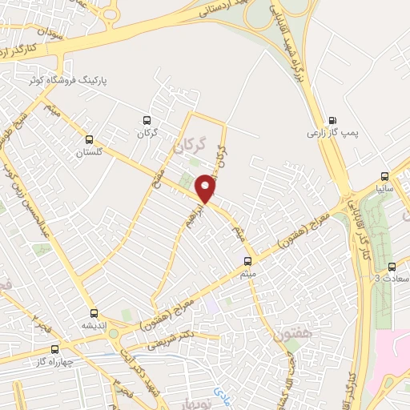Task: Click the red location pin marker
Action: tap(206, 188)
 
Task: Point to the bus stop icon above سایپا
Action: tap(385, 176)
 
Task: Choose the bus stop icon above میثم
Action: tap(247, 261)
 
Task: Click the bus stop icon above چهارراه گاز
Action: tap(54, 349)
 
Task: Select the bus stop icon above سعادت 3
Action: tap(392, 267)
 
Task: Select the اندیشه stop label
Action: tap(94, 327)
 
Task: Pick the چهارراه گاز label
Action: tap(50, 363)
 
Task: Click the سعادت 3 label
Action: tap(390, 279)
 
